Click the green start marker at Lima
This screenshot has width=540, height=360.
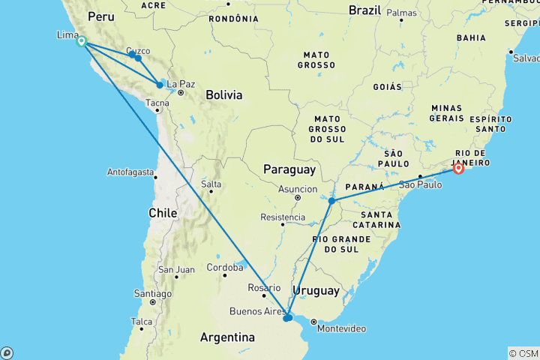click(x=81, y=41)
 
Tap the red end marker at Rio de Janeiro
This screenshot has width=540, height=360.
click(x=458, y=169)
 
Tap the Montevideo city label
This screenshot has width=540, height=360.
click(x=341, y=328)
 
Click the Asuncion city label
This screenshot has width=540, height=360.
click(x=297, y=189)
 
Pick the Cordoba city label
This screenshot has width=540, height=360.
click(x=226, y=266)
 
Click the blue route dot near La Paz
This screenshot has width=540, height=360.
click(x=160, y=85)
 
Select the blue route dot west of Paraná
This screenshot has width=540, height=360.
click(x=331, y=201)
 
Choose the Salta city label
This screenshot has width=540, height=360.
click(x=211, y=184)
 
